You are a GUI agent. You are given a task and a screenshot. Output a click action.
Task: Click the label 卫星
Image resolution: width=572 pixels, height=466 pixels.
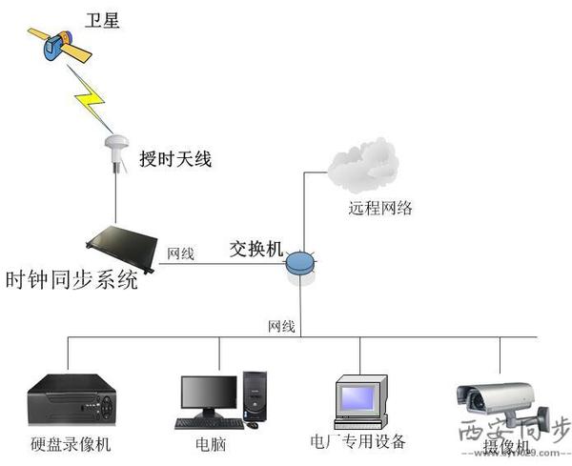[104, 18]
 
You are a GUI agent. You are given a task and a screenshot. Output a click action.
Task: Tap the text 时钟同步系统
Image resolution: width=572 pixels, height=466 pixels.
[71, 282]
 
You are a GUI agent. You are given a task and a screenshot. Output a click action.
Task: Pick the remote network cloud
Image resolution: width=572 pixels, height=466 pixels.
[361, 166]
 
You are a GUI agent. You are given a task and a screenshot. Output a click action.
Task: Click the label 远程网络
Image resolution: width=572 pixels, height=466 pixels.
[379, 207]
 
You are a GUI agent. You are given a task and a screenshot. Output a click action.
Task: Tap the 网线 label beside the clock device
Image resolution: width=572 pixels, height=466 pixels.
[181, 253]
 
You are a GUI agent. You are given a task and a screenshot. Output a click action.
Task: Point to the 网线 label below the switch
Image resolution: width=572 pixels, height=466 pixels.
[281, 326]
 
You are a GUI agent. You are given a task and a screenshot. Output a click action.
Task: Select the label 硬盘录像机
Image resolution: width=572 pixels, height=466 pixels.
[71, 445]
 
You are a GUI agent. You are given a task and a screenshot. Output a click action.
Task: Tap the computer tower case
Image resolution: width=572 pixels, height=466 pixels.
[255, 396]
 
